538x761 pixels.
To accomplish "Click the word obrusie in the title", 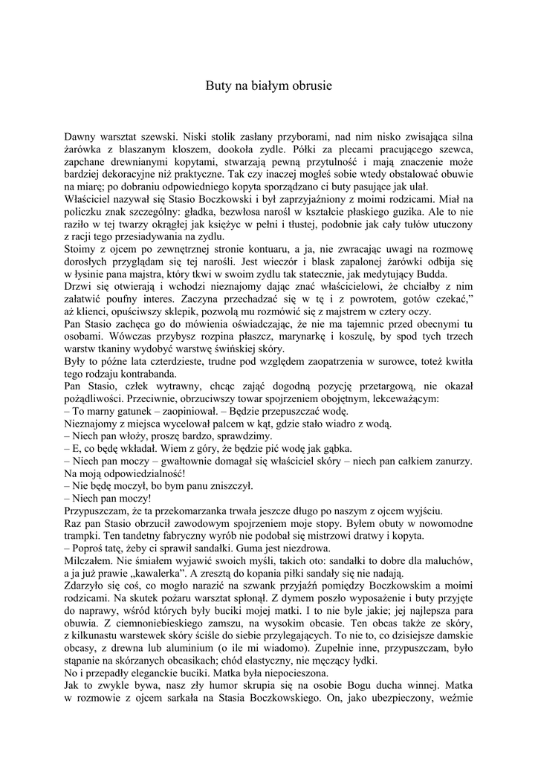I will (311, 86).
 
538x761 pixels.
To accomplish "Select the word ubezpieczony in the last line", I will (406, 699).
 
